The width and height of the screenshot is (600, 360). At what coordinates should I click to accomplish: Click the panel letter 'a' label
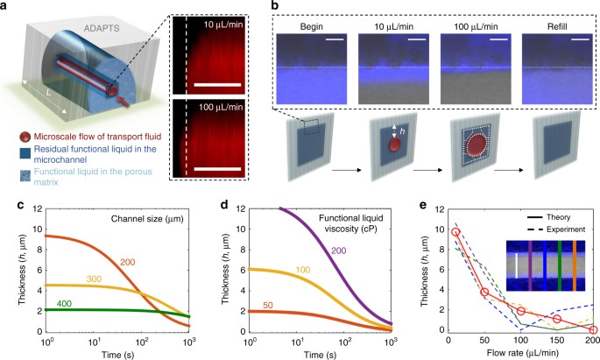click(x=7, y=7)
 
